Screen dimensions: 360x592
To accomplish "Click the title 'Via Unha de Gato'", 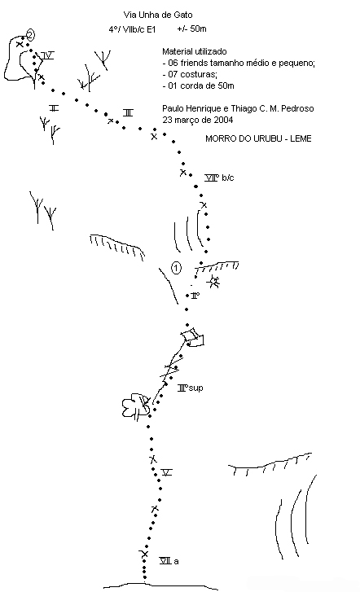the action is pos(158,15).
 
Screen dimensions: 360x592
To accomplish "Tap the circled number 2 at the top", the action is pos(30,36).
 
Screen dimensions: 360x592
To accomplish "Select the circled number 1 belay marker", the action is pos(176,268).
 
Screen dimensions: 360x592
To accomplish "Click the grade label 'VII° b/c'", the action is pos(219,178).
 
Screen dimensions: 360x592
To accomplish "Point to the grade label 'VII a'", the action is pos(169,561).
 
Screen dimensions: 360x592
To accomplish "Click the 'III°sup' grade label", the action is pos(191,388).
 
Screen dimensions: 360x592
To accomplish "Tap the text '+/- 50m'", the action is pos(191,29).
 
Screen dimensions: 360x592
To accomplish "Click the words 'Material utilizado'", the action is pos(194,52).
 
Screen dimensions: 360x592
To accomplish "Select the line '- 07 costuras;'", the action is pos(190,74).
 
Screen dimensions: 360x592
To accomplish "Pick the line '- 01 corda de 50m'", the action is pos(198,86).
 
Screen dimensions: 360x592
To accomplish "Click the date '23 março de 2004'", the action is pos(198,120).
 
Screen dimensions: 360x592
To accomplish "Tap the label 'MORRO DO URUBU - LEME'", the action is pos(258,138).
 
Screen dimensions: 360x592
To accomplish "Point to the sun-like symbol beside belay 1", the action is pos(214,282).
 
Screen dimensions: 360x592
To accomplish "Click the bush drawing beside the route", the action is pos(135,406).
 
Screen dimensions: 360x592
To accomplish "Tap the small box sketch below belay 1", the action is pos(193,337).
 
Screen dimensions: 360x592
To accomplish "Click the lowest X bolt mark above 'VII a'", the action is pos(144,554).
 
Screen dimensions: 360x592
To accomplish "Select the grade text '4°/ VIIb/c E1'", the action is pos(132,29).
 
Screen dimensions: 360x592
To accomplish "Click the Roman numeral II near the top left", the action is pos(54,108).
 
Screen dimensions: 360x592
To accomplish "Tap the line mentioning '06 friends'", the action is pos(239,63).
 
